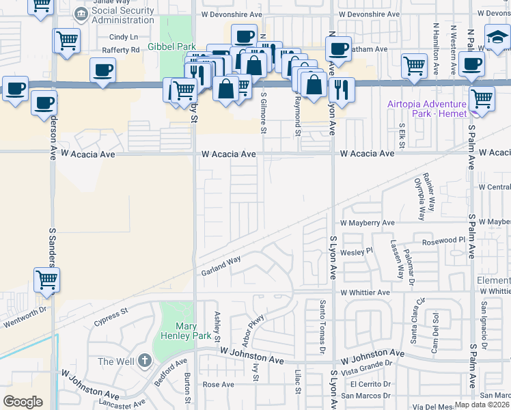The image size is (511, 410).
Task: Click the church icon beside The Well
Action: (144, 360)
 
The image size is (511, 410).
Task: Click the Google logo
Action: (23, 401)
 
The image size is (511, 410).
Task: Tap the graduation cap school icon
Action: (497, 38)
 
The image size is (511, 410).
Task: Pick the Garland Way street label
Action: (221, 266)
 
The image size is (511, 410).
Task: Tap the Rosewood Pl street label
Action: (442, 241)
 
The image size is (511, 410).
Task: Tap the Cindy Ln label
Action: (123, 37)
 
